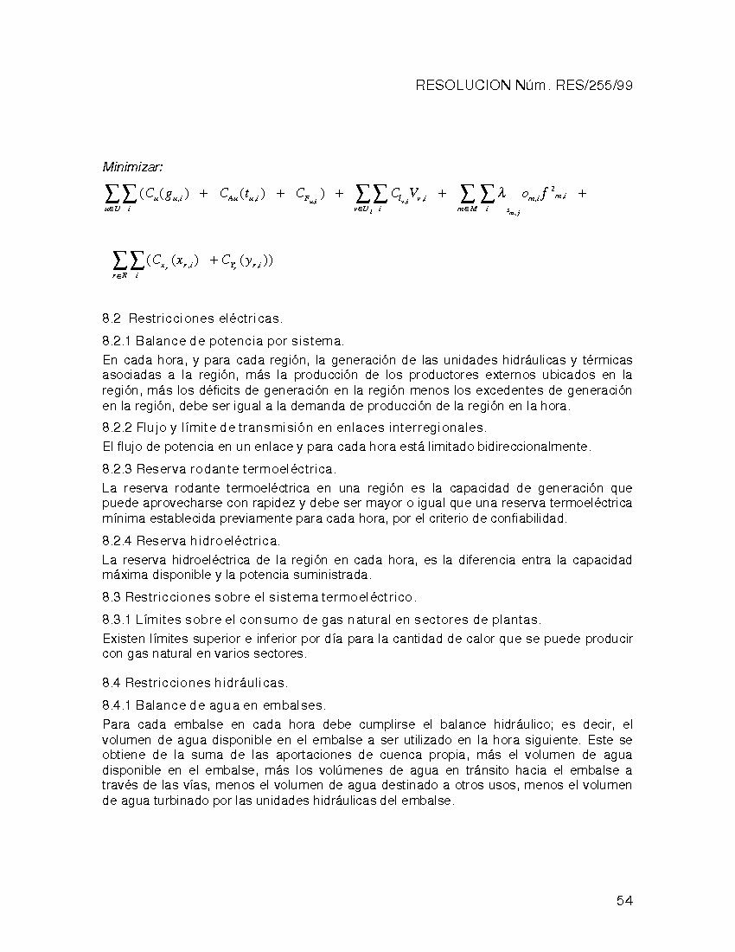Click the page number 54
[x=625, y=901]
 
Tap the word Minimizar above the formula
[x=133, y=166]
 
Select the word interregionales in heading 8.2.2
[x=443, y=428]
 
